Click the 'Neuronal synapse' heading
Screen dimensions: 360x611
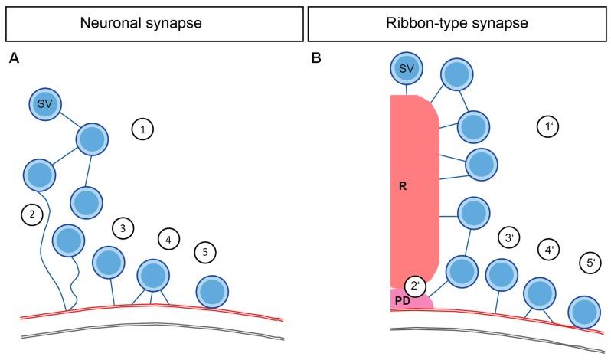(154, 23)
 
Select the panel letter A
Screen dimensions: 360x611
(13, 57)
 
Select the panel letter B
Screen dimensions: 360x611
(316, 57)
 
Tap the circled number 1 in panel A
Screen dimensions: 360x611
(142, 129)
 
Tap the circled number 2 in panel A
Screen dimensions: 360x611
(31, 216)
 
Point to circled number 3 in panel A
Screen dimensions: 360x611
(123, 227)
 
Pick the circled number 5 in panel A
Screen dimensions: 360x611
(204, 251)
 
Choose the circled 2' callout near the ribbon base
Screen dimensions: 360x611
(416, 286)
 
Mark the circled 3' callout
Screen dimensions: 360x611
(509, 237)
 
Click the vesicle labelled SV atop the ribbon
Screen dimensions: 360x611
(407, 70)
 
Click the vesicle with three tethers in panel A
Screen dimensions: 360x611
(153, 274)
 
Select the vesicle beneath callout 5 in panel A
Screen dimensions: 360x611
(212, 292)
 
